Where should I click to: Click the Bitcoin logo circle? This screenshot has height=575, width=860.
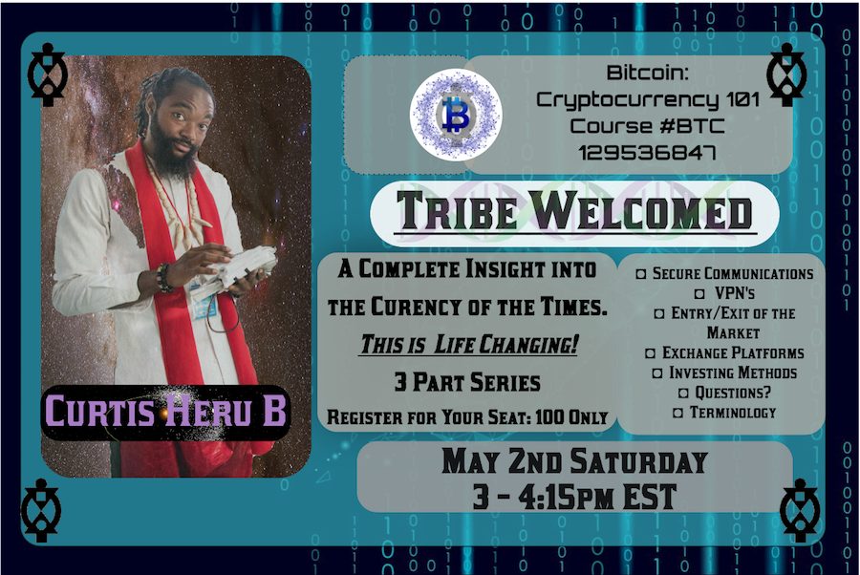click(x=456, y=115)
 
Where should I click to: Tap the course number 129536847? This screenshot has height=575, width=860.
click(x=647, y=153)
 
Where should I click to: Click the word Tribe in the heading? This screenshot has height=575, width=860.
click(x=457, y=210)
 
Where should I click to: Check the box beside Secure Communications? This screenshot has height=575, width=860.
click(x=640, y=273)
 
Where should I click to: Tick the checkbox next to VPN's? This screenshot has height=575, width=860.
click(x=699, y=294)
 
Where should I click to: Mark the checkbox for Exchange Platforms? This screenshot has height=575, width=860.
click(x=650, y=353)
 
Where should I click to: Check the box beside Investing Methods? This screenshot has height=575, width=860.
click(x=657, y=373)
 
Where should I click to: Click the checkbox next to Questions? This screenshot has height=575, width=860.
click(x=683, y=393)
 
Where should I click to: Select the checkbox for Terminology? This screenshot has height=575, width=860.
click(x=677, y=413)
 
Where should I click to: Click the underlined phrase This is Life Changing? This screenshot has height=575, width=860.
click(x=468, y=345)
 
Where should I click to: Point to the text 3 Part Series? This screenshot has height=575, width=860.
click(x=467, y=382)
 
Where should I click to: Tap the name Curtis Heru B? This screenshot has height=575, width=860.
click(x=165, y=411)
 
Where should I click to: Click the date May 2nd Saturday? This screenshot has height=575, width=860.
click(x=575, y=461)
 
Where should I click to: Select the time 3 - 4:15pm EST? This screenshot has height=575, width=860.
click(x=575, y=497)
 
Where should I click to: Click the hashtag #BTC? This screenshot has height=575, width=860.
click(x=692, y=126)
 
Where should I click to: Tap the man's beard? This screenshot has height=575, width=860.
click(x=172, y=148)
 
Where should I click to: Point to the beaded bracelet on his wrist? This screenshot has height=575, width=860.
click(x=163, y=277)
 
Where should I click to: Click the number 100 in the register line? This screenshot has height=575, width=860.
click(x=549, y=417)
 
